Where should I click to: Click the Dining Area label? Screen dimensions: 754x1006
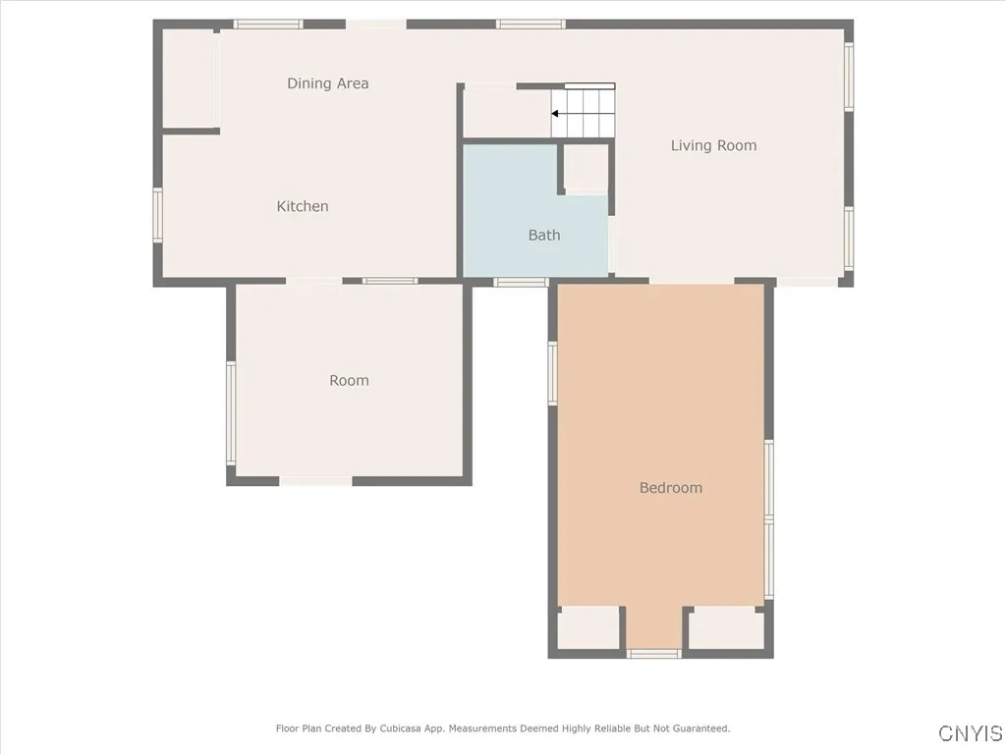pyautogui.click(x=327, y=83)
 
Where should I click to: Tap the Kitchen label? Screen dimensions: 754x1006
pyautogui.click(x=302, y=206)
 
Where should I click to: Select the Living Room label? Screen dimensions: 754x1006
pyautogui.click(x=713, y=145)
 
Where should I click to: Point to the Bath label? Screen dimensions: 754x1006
pyautogui.click(x=544, y=235)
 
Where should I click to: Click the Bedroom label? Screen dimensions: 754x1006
pyautogui.click(x=670, y=488)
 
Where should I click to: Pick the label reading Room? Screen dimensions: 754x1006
pyautogui.click(x=349, y=381)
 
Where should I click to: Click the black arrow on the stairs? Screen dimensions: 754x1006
pyautogui.click(x=556, y=114)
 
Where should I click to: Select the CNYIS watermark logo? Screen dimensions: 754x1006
pyautogui.click(x=970, y=733)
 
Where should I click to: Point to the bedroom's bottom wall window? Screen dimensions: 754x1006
pyautogui.click(x=653, y=653)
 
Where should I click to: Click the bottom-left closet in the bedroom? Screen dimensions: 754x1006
pyautogui.click(x=588, y=628)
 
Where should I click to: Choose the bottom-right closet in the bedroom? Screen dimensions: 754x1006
pyautogui.click(x=725, y=628)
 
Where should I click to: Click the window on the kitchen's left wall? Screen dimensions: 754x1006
pyautogui.click(x=157, y=215)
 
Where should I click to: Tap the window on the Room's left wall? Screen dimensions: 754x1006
pyautogui.click(x=231, y=412)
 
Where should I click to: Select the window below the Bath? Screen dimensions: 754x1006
pyautogui.click(x=520, y=283)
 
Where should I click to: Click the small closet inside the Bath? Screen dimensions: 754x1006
pyautogui.click(x=586, y=168)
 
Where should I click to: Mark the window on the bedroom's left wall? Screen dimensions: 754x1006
pyautogui.click(x=553, y=373)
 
